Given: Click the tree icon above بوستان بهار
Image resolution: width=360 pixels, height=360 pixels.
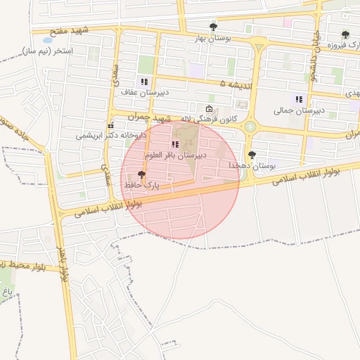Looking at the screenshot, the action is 213,27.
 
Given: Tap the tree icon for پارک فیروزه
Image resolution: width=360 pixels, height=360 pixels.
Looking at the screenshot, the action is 345,34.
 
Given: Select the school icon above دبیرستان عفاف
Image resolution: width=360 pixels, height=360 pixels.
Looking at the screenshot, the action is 144,82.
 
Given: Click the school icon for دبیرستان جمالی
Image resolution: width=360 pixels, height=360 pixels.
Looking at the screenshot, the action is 299,99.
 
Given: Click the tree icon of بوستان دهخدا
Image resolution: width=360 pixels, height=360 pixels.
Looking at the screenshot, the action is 252,155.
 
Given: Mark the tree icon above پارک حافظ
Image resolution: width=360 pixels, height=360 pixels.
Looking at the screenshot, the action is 142,174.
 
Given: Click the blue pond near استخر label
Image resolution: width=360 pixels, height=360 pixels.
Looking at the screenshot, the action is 48,40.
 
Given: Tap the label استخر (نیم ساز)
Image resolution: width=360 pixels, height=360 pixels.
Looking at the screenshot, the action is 47,51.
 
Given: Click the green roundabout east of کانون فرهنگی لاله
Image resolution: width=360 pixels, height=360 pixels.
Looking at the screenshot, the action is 250,127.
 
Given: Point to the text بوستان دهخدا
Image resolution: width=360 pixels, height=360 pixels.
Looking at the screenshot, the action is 252,165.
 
